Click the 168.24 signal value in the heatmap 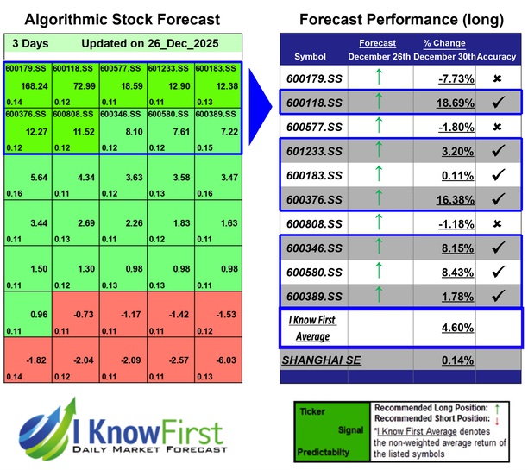point(34,85)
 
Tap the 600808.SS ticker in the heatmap point(75,112)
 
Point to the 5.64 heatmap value point(35,178)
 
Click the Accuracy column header point(499,56)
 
